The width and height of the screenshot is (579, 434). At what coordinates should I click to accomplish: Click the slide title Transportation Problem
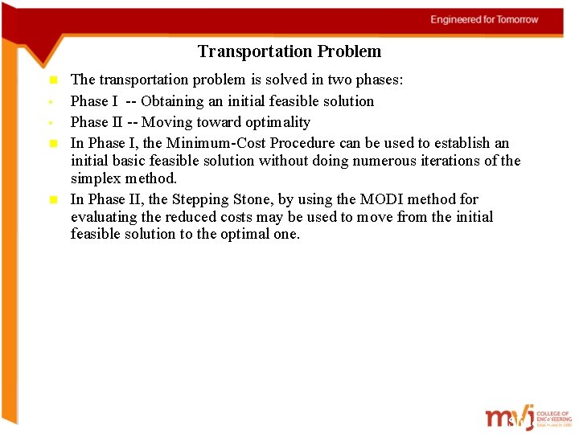[289, 52]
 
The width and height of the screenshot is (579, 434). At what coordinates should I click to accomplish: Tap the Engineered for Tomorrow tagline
[484, 19]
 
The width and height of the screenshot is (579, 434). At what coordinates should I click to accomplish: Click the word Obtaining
[170, 101]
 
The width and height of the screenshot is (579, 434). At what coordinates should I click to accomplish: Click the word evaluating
[105, 217]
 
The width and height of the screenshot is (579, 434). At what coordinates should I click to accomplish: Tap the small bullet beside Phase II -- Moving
[51, 123]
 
